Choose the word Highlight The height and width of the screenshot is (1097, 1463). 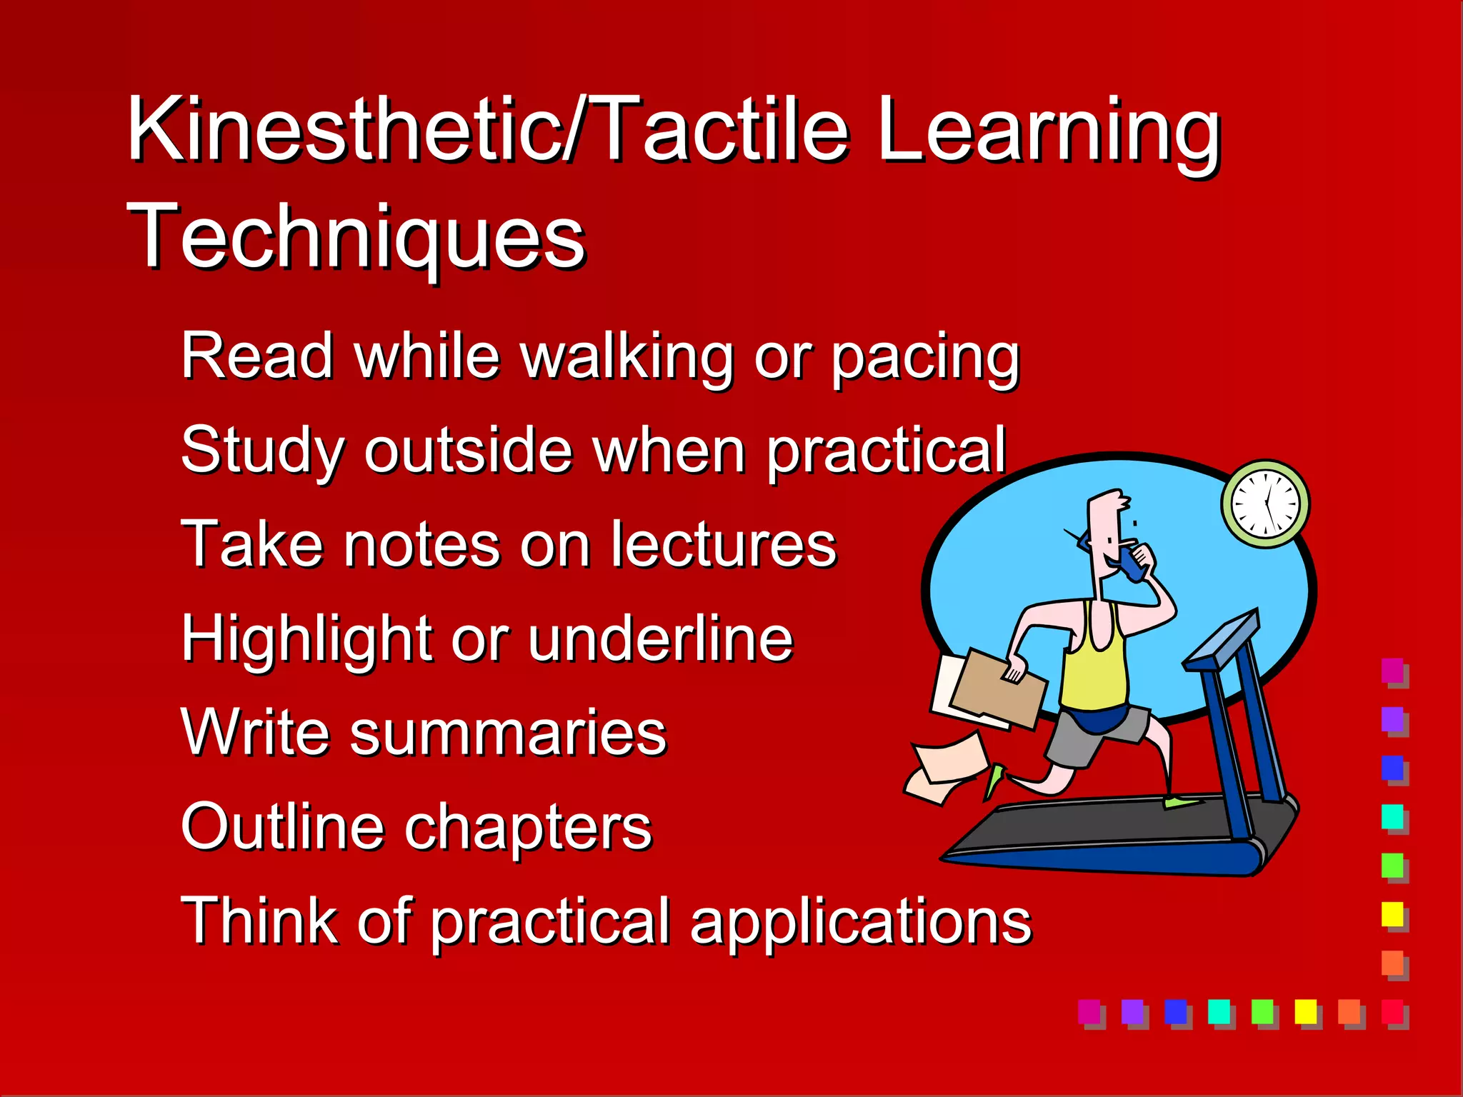pyautogui.click(x=306, y=638)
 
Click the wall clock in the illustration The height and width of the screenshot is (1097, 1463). pyautogui.click(x=1265, y=504)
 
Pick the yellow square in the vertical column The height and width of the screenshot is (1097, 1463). pyautogui.click(x=1392, y=913)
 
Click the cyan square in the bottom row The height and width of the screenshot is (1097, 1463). pyautogui.click(x=1219, y=1011)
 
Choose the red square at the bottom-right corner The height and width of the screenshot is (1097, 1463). pyautogui.click(x=1392, y=1011)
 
